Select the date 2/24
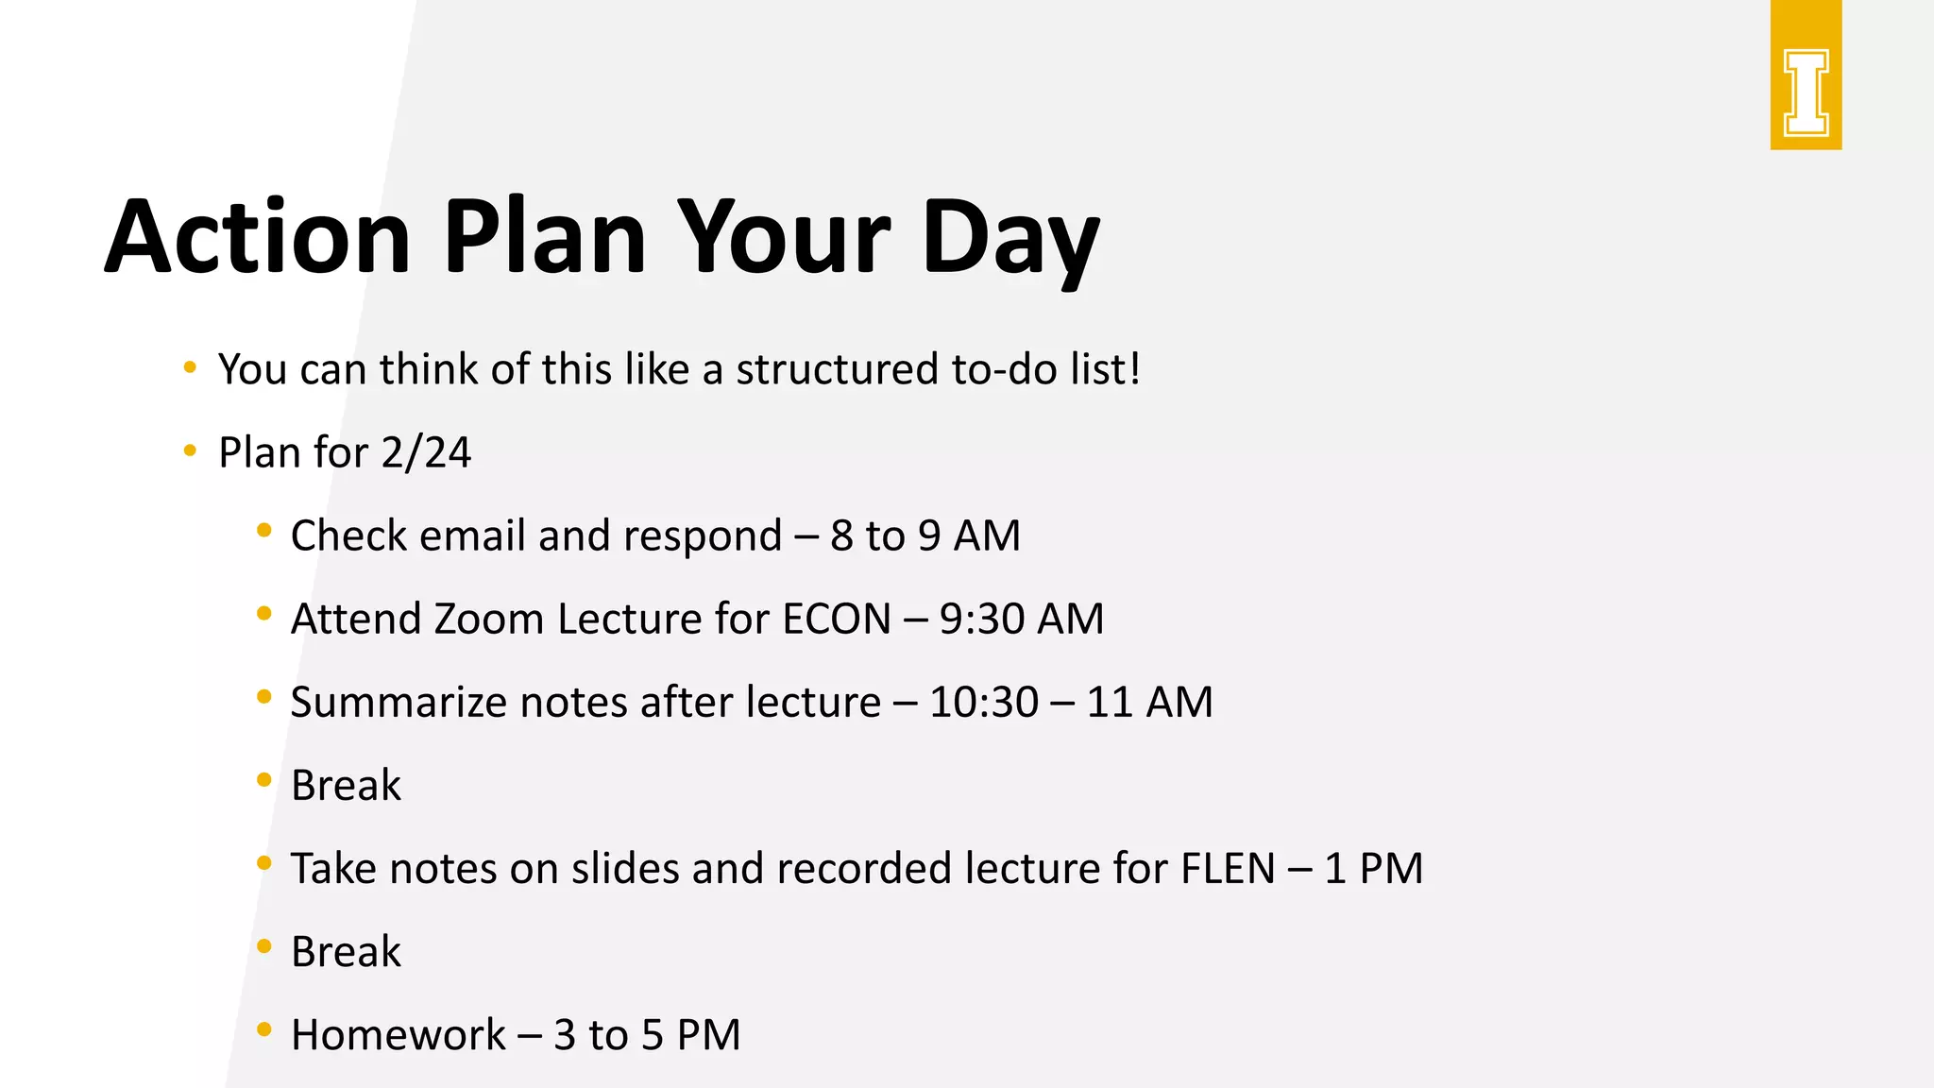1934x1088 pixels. click(426, 452)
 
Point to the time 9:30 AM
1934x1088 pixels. click(1021, 620)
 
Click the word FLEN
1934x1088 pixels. click(1228, 869)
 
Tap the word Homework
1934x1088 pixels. click(398, 1035)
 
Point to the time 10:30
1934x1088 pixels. click(983, 703)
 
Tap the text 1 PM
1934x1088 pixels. click(1373, 869)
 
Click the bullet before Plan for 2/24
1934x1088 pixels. click(190, 450)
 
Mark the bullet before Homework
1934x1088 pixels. click(264, 1029)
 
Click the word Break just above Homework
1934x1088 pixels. click(346, 952)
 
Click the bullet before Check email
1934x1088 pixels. click(264, 531)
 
